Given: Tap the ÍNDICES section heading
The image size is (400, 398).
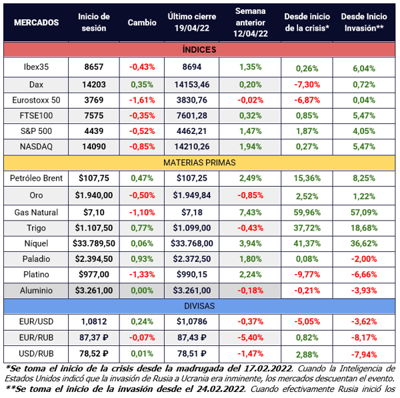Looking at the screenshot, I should pos(199,49).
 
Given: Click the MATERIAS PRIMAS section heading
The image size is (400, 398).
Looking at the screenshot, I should pos(199,162).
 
